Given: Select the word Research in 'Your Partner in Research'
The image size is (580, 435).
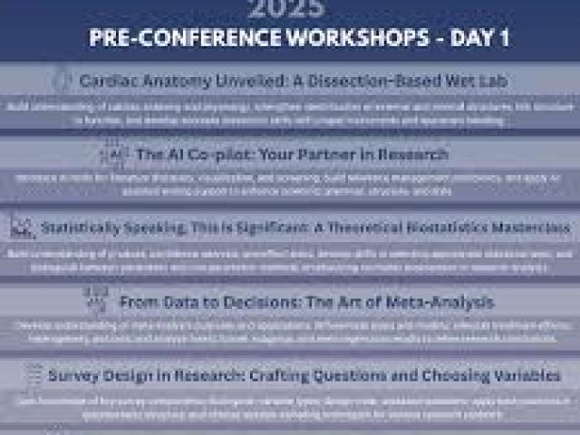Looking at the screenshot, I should click(x=412, y=155).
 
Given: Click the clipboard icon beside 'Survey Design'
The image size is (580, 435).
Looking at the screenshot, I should click(x=34, y=374).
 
